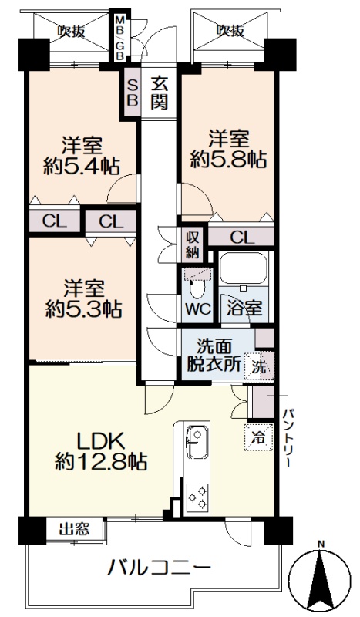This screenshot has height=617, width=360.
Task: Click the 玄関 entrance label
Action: [160, 93]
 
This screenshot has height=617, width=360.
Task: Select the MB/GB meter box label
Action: [119, 38]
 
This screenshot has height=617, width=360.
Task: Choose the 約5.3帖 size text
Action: [83, 310]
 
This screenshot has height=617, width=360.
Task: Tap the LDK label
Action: [100, 442]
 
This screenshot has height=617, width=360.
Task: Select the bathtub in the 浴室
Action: [243, 268]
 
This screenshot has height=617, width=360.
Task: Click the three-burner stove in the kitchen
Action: [197, 497]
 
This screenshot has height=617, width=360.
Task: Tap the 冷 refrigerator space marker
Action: [259, 437]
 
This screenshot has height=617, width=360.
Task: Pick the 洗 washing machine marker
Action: [258, 367]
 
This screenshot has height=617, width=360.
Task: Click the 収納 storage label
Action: [193, 244]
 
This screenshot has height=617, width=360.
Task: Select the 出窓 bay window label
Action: [74, 530]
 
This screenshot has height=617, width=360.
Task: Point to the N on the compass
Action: [321, 545]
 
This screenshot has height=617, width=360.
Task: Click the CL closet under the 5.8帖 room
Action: [241, 238]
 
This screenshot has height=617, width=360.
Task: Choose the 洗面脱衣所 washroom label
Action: [214, 356]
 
